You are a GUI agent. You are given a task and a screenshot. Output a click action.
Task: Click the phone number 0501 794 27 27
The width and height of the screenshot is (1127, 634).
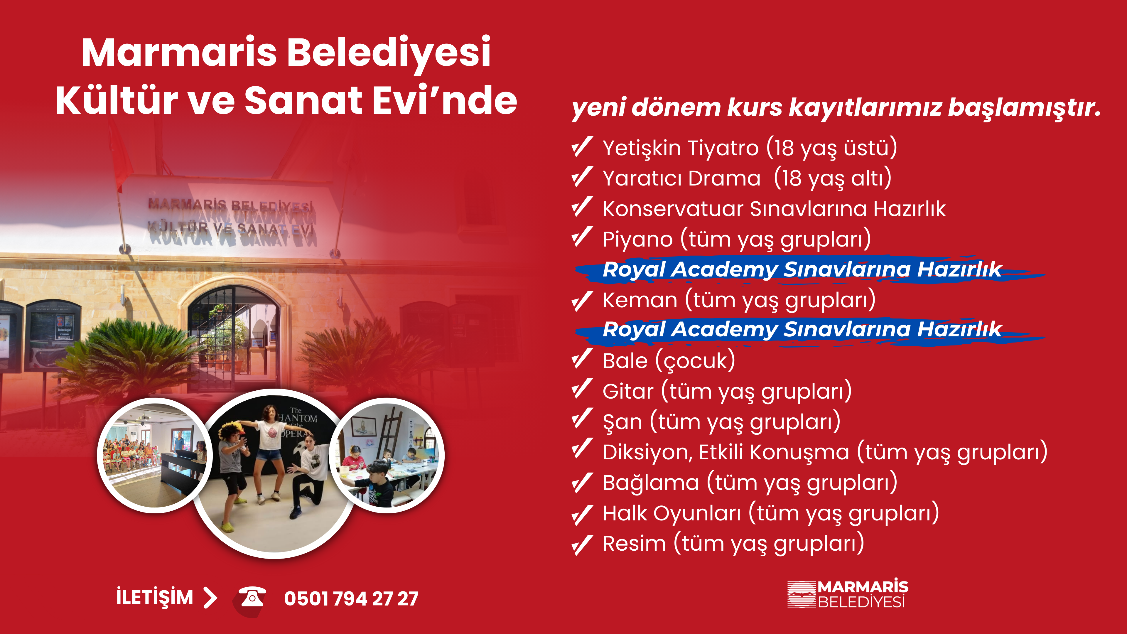click(351, 598)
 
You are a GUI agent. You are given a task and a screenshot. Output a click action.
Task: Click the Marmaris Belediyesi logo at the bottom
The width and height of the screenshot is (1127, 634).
click(847, 594)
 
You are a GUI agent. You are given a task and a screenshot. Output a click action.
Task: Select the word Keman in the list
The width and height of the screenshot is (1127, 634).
click(640, 300)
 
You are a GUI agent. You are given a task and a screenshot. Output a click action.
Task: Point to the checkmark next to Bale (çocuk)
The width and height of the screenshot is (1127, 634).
click(582, 359)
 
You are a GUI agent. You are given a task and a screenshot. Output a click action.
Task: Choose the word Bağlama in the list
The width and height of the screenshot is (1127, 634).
click(651, 483)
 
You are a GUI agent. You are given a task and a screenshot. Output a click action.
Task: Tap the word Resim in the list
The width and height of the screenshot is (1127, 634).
click(634, 543)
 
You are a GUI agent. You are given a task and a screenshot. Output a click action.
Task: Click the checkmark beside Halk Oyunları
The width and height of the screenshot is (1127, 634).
click(582, 515)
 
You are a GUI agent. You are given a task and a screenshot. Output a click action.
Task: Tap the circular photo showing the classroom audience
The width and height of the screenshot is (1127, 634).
click(154, 455)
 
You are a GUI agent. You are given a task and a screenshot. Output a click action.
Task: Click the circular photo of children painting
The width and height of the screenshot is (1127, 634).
click(387, 455)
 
